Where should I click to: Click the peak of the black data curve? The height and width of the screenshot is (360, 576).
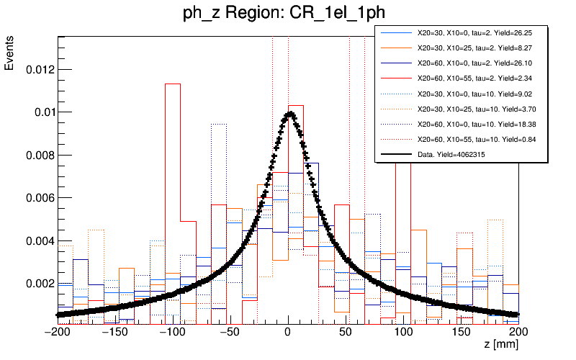289,112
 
